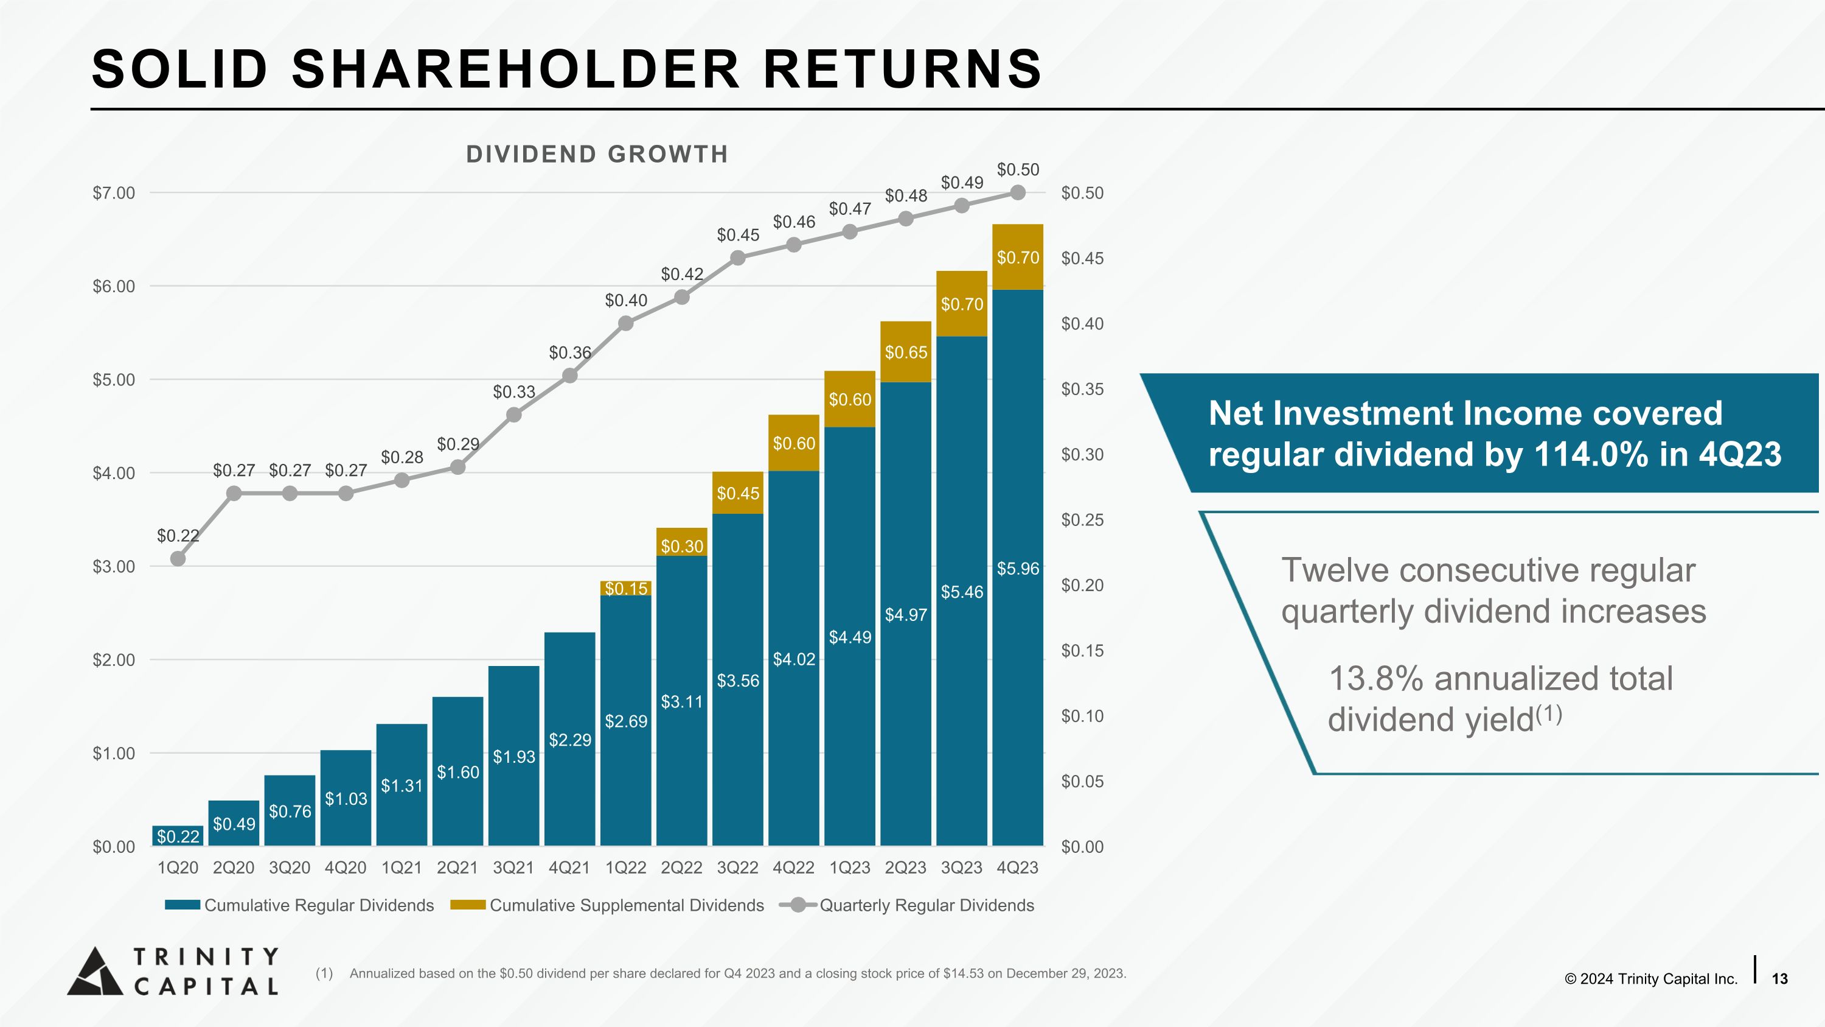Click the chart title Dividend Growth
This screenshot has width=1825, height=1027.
pyautogui.click(x=597, y=154)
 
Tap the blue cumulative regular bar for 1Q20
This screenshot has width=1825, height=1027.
pyautogui.click(x=177, y=836)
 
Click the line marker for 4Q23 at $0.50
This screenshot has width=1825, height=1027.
pyautogui.click(x=1017, y=193)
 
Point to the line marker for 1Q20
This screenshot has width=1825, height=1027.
pyautogui.click(x=178, y=558)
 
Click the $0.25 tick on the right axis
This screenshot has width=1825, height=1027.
pyautogui.click(x=1082, y=519)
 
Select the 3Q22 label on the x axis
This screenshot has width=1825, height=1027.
pyautogui.click(x=737, y=868)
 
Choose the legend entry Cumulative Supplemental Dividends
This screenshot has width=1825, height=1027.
pyautogui.click(x=627, y=905)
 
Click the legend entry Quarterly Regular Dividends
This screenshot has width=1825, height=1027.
pyautogui.click(x=926, y=905)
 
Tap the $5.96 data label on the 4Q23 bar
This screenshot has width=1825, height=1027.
pyautogui.click(x=1017, y=569)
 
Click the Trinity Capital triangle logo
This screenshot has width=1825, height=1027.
pyautogui.click(x=94, y=972)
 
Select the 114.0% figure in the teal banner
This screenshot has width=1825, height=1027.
pyautogui.click(x=1591, y=454)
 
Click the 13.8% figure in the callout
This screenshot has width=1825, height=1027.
pyautogui.click(x=1375, y=678)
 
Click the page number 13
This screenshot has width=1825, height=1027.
pyautogui.click(x=1779, y=979)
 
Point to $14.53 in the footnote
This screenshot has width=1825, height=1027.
pyautogui.click(x=964, y=973)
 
